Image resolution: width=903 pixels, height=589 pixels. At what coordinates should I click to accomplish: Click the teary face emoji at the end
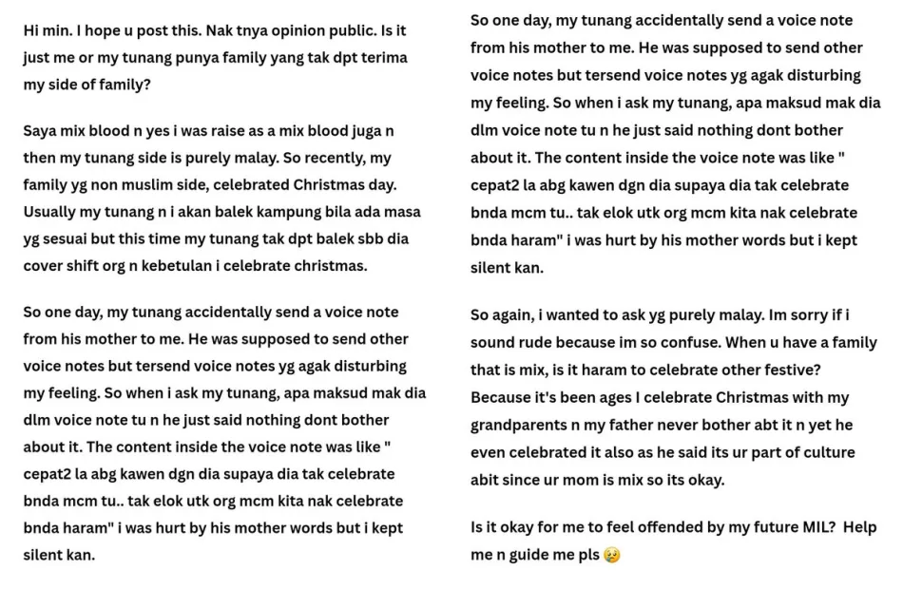pos(611,555)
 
